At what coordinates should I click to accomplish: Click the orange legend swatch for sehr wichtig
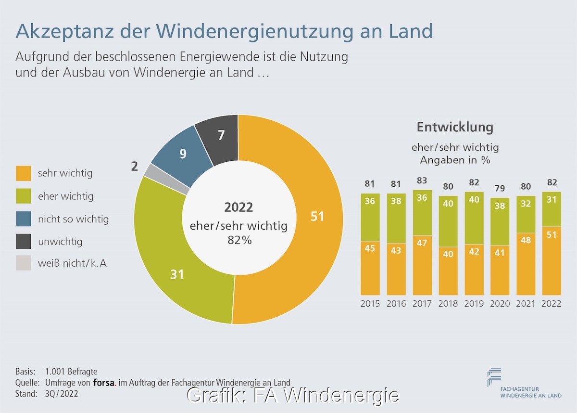pyautogui.click(x=23, y=173)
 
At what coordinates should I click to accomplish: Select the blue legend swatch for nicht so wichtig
pyautogui.click(x=23, y=219)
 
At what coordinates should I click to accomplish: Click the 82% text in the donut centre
pyautogui.click(x=239, y=239)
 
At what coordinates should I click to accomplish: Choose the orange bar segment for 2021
pyautogui.click(x=526, y=264)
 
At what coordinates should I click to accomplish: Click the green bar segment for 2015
pyautogui.click(x=370, y=217)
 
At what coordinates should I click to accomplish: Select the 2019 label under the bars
pyautogui.click(x=474, y=304)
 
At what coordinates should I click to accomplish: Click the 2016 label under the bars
pyautogui.click(x=396, y=304)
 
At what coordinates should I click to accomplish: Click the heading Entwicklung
pyautogui.click(x=455, y=127)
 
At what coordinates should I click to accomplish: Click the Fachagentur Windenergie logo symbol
pyautogui.click(x=494, y=377)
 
